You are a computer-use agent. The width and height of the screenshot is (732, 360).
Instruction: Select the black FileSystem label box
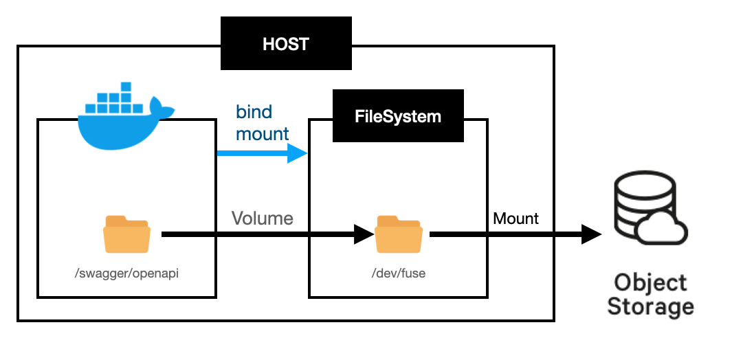coord(397,116)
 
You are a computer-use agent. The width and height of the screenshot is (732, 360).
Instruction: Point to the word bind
coord(254,111)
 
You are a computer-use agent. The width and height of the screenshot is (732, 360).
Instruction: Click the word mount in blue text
coord(262,133)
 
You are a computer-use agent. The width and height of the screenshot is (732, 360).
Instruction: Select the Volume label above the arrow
coord(262,218)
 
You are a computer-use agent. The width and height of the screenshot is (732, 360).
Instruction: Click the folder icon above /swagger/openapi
coord(126,234)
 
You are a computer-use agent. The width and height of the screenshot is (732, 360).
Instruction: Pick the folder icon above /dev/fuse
coord(399,234)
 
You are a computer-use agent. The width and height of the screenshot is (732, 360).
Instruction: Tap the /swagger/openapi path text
coord(126,273)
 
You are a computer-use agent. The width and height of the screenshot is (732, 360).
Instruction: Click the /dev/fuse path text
coord(399,273)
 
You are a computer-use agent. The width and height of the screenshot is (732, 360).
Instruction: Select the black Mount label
coord(515,218)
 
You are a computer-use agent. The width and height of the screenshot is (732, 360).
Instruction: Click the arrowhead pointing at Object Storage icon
coord(591,234)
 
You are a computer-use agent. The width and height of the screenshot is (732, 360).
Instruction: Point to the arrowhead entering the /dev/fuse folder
coord(363,234)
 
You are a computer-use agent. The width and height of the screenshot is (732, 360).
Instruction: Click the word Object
coord(650,282)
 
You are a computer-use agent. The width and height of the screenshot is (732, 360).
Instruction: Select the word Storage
coord(650,306)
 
